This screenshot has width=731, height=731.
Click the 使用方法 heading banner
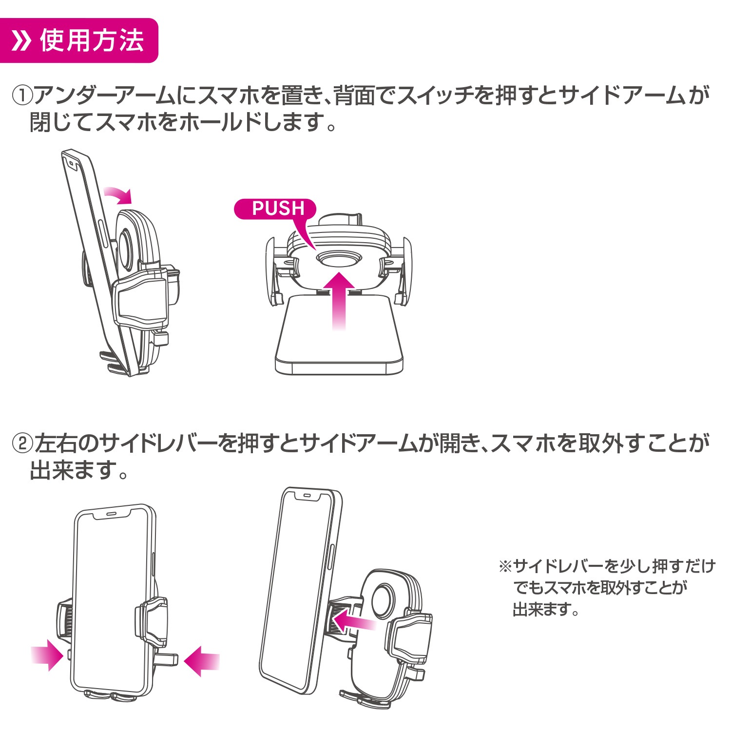(79, 40)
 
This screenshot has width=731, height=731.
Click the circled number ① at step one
(22, 96)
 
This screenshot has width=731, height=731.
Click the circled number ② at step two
(22, 444)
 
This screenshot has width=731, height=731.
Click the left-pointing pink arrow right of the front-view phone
(202, 661)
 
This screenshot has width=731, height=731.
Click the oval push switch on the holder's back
(339, 258)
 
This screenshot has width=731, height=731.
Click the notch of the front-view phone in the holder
(112, 514)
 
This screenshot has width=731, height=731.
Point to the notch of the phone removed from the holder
(308, 495)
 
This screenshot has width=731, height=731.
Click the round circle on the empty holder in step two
(384, 597)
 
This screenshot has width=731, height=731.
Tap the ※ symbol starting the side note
(504, 566)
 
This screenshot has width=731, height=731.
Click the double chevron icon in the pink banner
(21, 41)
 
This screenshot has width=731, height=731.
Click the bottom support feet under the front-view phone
(110, 696)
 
